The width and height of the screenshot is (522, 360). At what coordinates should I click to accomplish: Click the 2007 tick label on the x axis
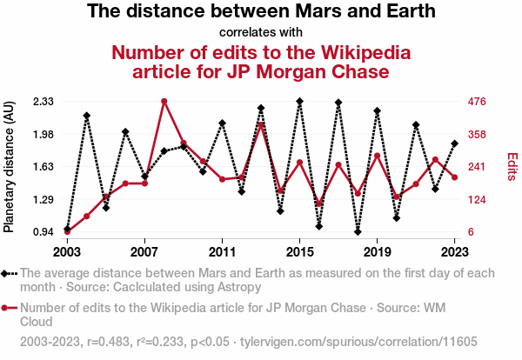point(144,252)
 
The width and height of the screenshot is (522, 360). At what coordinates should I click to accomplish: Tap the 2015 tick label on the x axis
point(299,252)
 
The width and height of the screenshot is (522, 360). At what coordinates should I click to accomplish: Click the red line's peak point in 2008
point(164,102)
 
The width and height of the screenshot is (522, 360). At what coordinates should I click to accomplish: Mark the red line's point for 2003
point(67,231)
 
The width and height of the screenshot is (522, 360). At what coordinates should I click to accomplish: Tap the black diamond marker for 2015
point(299,102)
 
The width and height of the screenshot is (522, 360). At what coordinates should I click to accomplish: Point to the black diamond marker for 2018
point(358,231)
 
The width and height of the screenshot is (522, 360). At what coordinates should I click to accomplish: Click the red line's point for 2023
point(454,177)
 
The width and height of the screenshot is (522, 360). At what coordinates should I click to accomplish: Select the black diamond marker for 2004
point(87,115)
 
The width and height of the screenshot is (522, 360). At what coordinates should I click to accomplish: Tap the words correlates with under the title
point(261,33)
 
